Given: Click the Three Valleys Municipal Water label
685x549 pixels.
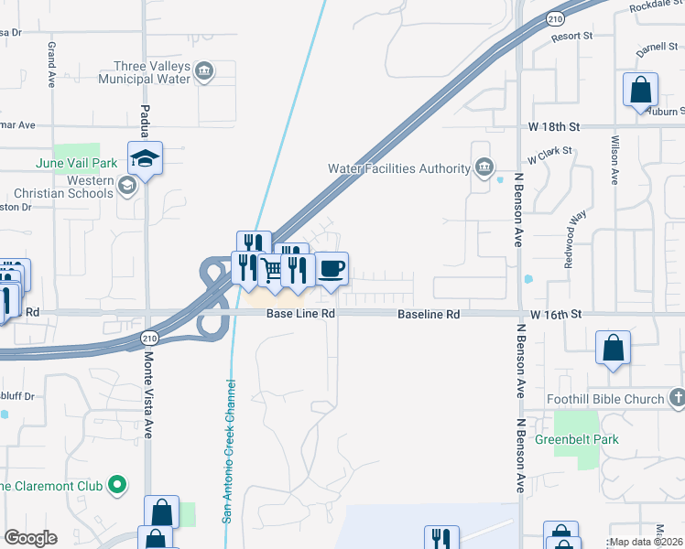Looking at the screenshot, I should click(152, 72).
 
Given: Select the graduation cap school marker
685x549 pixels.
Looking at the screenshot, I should click(145, 159).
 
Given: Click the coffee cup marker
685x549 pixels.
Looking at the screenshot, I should click(332, 269).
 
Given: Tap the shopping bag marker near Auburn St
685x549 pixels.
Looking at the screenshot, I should click(641, 91).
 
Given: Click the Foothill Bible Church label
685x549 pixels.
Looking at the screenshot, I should click(617, 399).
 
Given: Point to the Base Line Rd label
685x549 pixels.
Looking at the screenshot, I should click(300, 314).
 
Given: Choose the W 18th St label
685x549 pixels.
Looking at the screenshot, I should click(555, 126).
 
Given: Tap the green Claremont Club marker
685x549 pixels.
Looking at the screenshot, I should click(117, 485).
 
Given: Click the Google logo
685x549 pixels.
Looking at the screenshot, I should click(30, 538).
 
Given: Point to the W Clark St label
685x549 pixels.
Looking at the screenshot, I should click(549, 150).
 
